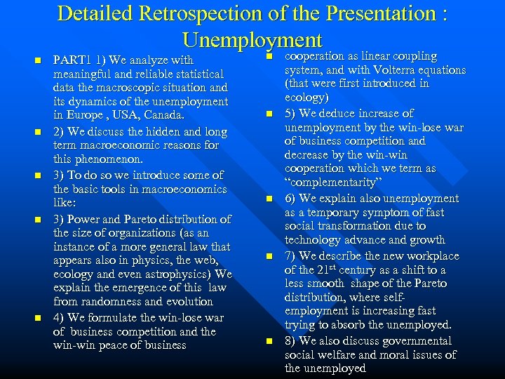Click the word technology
pyautogui.click(x=316, y=240)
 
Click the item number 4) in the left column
pyautogui.click(x=60, y=318)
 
